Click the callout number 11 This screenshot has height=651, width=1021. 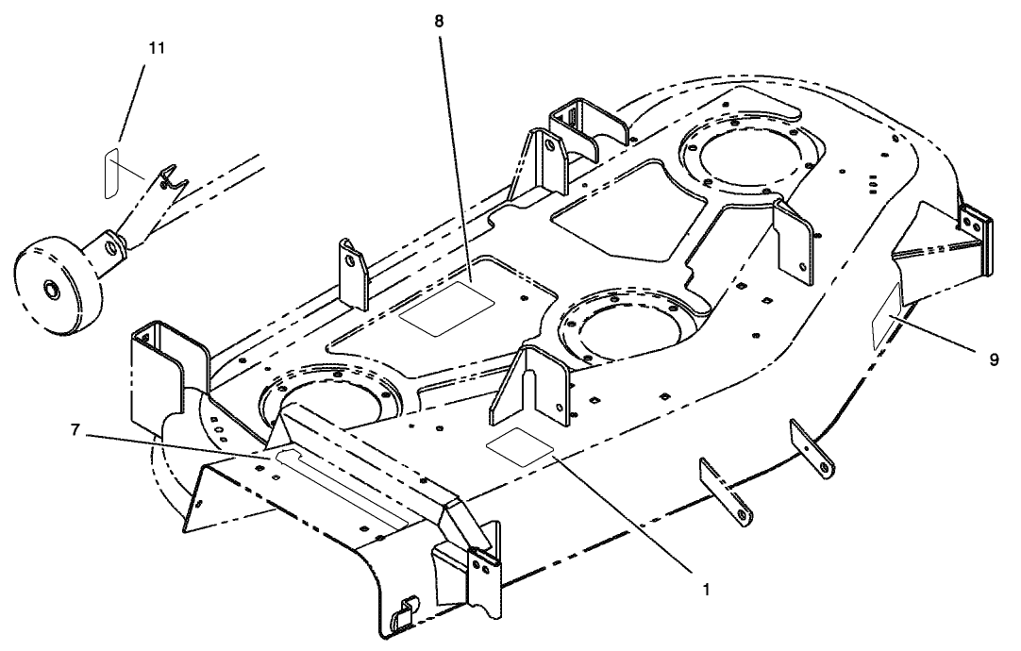[x=156, y=49]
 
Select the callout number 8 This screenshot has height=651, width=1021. [x=439, y=20]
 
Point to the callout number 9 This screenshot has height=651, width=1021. [x=992, y=359]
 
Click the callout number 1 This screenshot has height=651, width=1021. [x=705, y=590]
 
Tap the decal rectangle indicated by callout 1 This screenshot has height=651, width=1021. [x=518, y=445]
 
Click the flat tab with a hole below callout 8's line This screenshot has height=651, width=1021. [x=354, y=273]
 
